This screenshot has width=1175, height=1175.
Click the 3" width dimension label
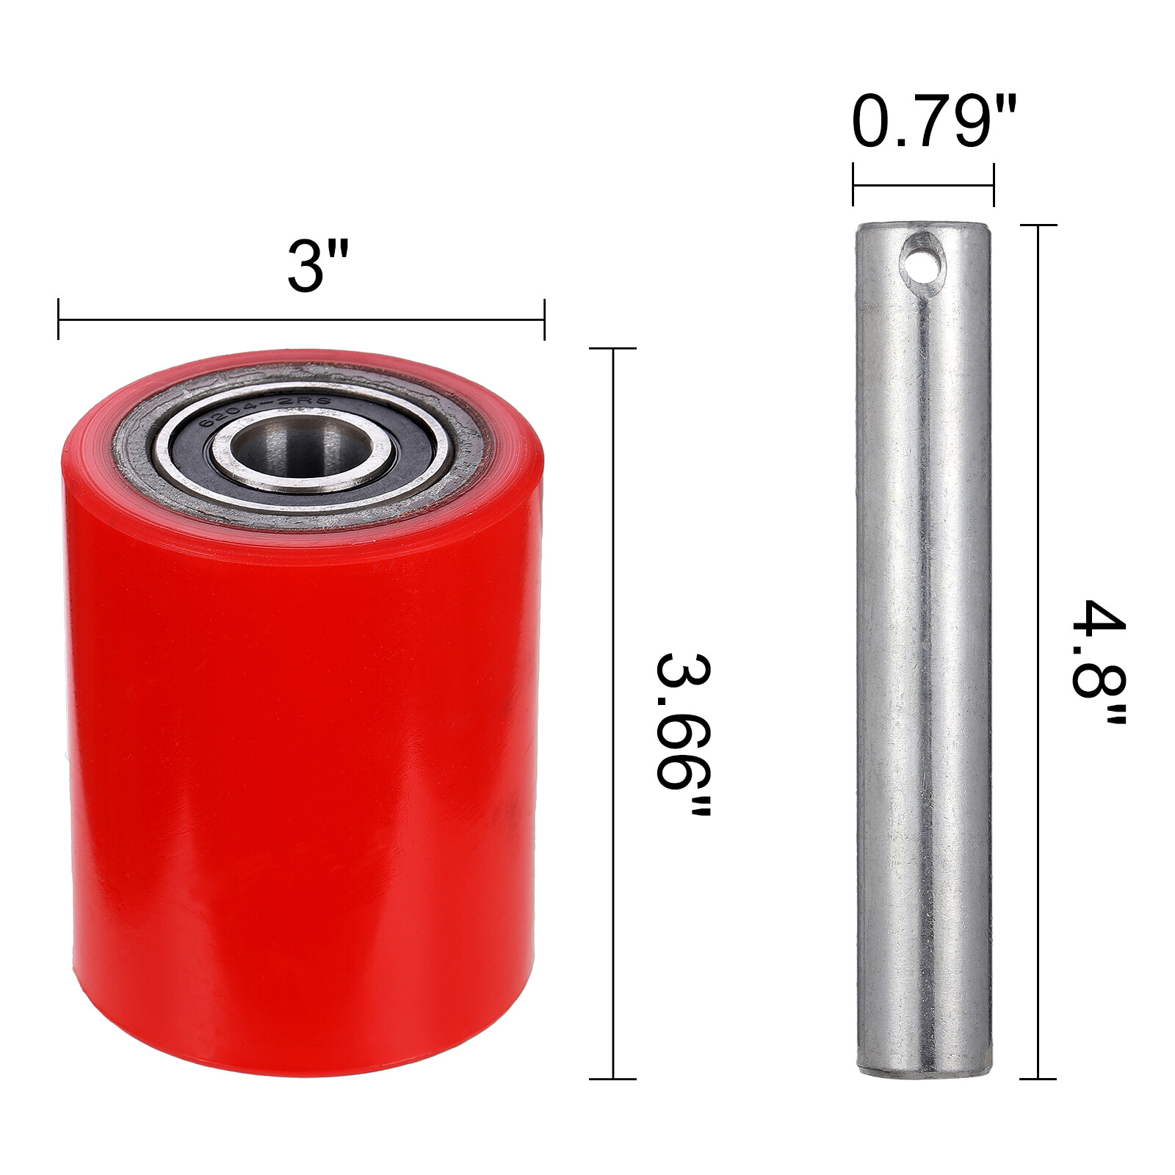[x=316, y=266]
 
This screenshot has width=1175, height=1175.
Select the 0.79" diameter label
[x=933, y=121]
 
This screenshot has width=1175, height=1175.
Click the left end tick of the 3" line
[x=59, y=319]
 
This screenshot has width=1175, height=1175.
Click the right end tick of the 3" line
[x=544, y=319]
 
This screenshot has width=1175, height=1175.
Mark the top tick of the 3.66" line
[x=613, y=349]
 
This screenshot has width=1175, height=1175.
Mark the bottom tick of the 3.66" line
[x=613, y=1079]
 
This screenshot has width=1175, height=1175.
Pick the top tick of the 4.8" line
[x=1038, y=225]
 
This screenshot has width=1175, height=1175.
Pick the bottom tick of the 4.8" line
[x=1038, y=1079]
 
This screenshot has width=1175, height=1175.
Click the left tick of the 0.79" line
[x=853, y=185]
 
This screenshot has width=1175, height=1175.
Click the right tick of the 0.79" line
[x=994, y=185]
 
